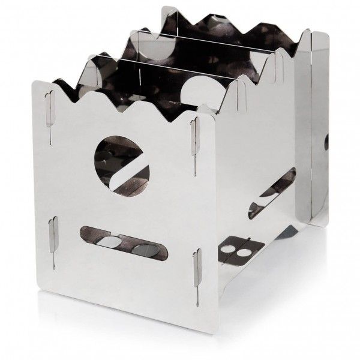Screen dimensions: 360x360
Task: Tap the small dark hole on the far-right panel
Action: (x=326, y=143)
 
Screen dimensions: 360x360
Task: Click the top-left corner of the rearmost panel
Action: (x=163, y=7)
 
